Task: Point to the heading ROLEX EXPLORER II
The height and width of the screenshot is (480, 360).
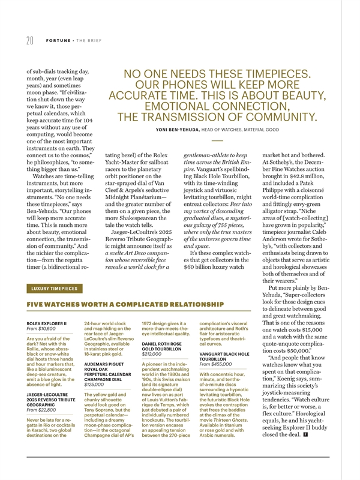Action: pyautogui.click(x=46, y=324)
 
